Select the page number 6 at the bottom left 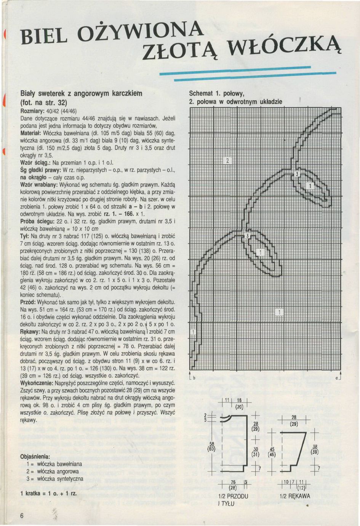pyautogui.click(x=22, y=515)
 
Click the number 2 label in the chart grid pyautogui.click(x=228, y=160)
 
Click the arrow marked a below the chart pyautogui.click(x=341, y=375)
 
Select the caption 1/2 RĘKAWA pyautogui.click(x=294, y=496)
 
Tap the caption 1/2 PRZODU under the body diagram pyautogui.click(x=233, y=496)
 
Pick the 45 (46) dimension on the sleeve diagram pyautogui.click(x=272, y=452)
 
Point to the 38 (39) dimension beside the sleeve pyautogui.click(x=315, y=450)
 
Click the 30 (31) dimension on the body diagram pyautogui.click(x=256, y=452)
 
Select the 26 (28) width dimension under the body pyautogui.click(x=232, y=484)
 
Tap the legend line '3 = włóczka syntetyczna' pyautogui.click(x=55, y=478)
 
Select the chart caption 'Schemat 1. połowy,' pyautogui.click(x=216, y=93)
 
